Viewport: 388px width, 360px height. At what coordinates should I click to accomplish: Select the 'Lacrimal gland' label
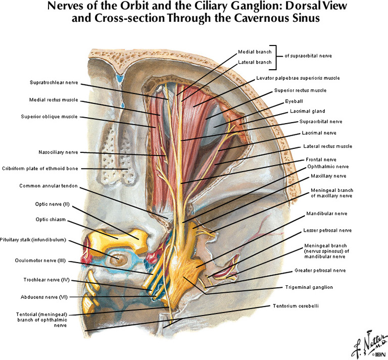coord(307,111)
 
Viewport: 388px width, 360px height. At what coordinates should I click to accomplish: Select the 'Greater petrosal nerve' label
coord(320,271)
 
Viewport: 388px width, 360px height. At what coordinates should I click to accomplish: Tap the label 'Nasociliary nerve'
coord(58,151)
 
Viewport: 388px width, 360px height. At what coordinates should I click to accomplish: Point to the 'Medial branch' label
coord(254,52)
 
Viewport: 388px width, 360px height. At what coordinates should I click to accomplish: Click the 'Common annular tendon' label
coord(48,186)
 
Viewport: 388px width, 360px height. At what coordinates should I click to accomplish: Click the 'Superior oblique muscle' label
coord(50,117)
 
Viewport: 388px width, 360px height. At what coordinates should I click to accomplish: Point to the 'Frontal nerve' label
coord(320,159)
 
